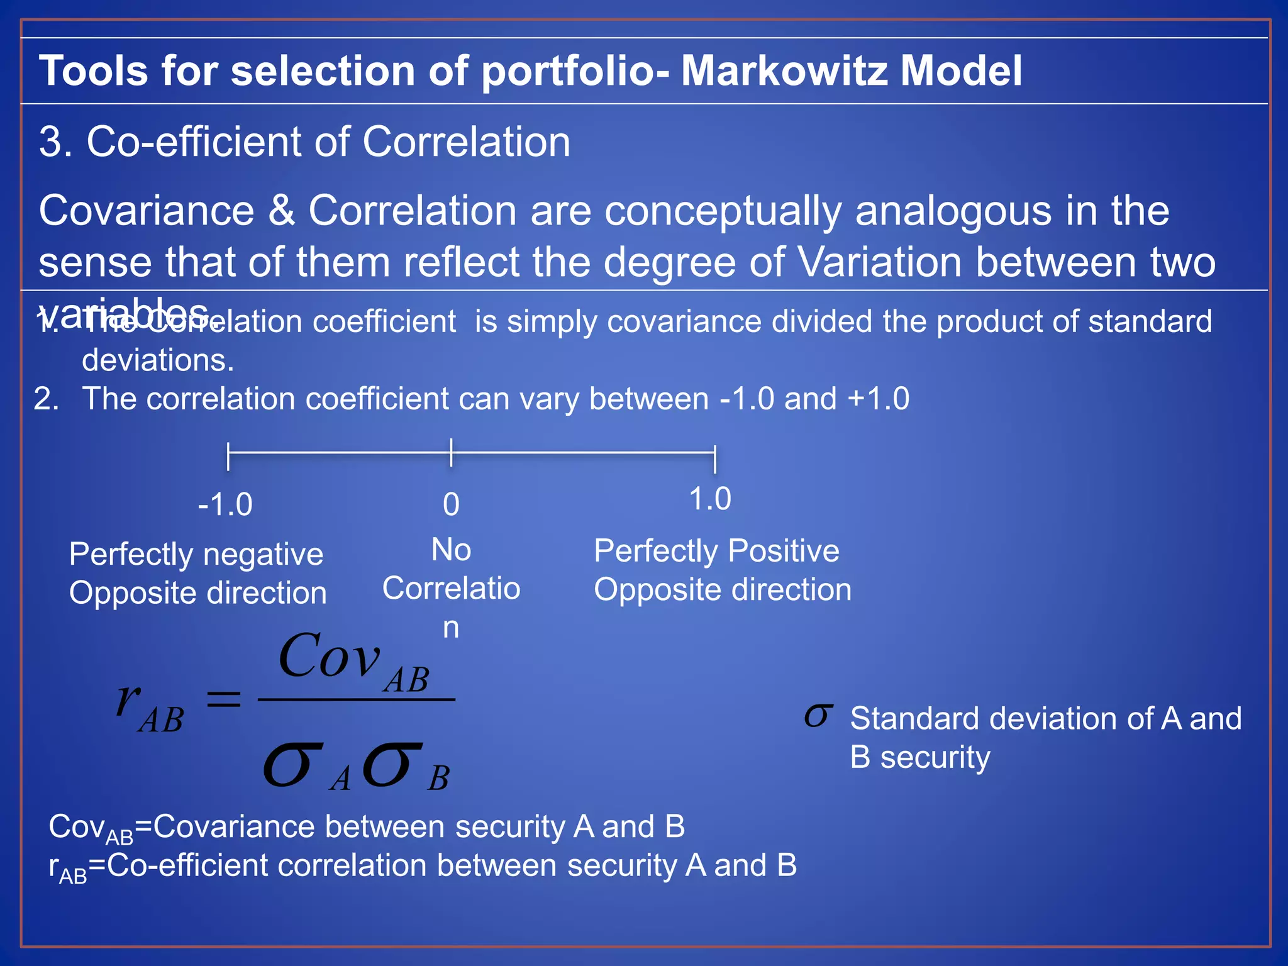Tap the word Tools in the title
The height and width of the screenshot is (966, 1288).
[x=94, y=70]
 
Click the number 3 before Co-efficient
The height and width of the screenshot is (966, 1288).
[x=51, y=142]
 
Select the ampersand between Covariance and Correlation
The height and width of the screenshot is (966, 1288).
[x=281, y=211]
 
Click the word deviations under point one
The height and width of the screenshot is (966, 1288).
[x=158, y=360]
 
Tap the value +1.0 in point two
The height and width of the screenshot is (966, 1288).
[x=879, y=399]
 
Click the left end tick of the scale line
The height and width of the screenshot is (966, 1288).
[x=228, y=456]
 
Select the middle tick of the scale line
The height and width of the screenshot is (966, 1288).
[x=451, y=453]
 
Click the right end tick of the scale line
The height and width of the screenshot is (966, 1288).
[x=715, y=458]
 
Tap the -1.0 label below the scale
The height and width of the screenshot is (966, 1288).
[x=225, y=505]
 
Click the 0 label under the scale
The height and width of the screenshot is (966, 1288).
[x=451, y=505]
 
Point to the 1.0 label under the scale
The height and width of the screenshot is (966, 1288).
[x=710, y=499]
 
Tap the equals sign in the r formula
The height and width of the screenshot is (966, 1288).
[x=224, y=699]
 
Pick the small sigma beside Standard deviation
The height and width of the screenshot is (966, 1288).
[x=818, y=716]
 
